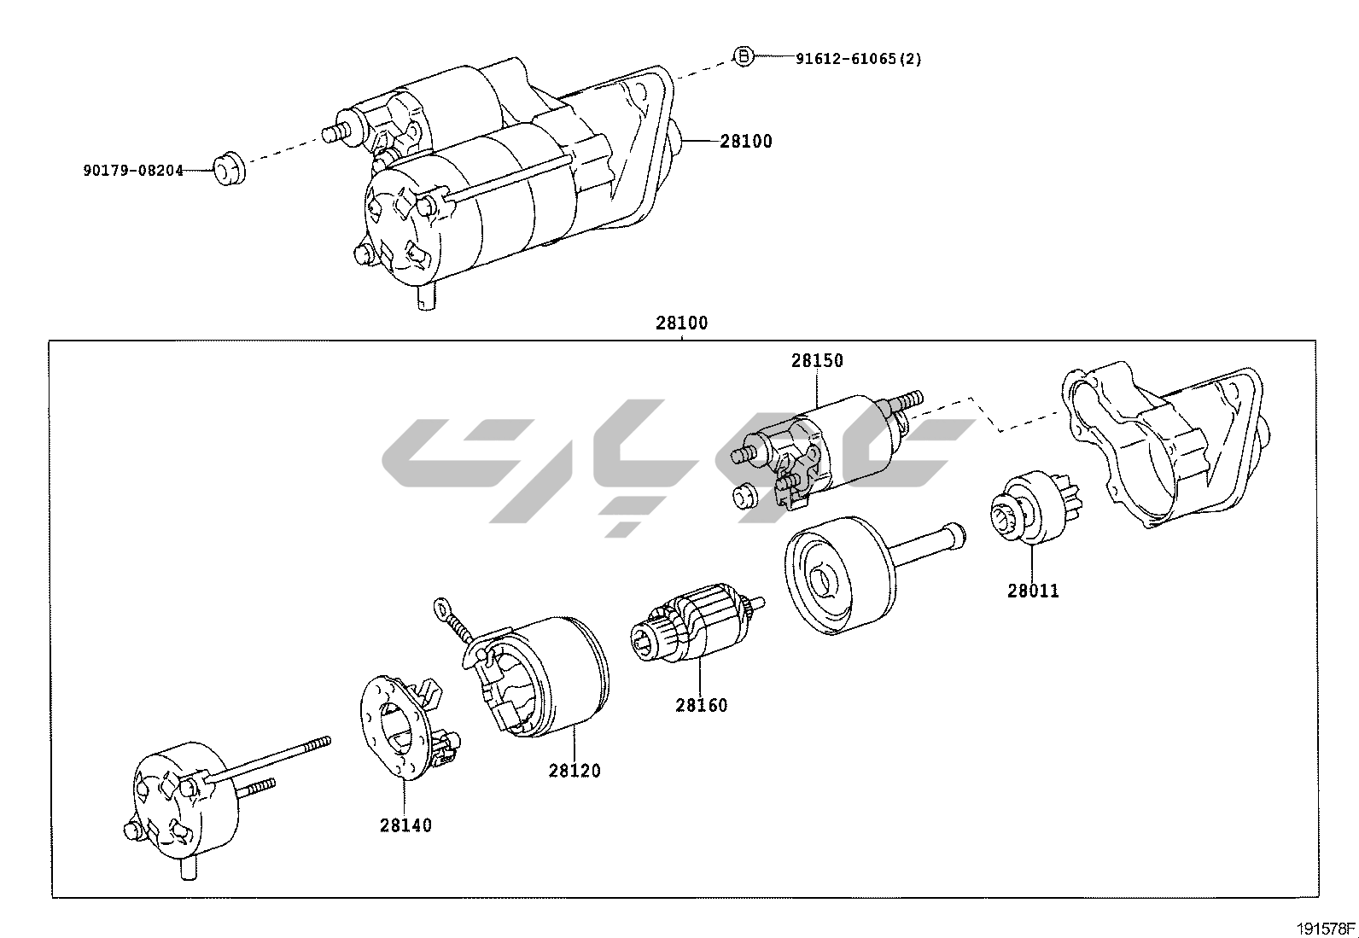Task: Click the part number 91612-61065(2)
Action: (x=858, y=59)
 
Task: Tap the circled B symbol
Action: (x=744, y=56)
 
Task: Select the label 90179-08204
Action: (x=133, y=170)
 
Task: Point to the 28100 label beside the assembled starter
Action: (x=745, y=142)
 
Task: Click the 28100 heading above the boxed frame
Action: (x=681, y=323)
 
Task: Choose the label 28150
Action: (x=816, y=360)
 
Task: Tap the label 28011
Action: (x=1033, y=591)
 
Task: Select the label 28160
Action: (x=702, y=705)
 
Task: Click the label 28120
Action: (x=575, y=770)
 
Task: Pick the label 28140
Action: (x=405, y=825)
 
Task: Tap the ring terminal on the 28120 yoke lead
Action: (x=441, y=608)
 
